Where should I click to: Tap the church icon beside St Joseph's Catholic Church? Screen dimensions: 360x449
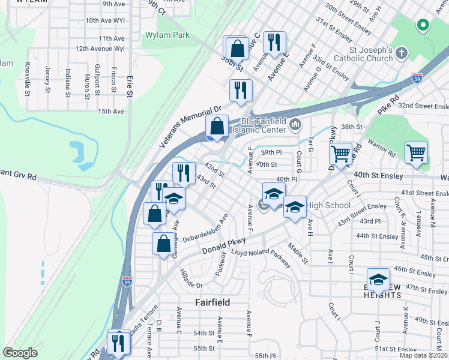coord(402,55)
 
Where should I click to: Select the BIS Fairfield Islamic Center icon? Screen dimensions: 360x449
coord(295,125)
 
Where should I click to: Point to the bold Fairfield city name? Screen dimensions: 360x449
coord(213,302)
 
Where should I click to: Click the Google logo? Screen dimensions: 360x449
coord(20,353)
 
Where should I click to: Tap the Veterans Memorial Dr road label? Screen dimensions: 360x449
coord(191,128)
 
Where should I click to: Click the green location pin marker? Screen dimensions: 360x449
coord(423,25)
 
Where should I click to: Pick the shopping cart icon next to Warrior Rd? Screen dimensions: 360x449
coord(416,152)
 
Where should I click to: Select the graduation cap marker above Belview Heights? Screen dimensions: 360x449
coord(378,279)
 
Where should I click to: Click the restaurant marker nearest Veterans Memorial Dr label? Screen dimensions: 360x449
coord(241,90)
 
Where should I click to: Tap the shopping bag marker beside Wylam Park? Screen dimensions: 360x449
coord(237,48)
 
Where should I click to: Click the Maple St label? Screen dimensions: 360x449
coord(298,253)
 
